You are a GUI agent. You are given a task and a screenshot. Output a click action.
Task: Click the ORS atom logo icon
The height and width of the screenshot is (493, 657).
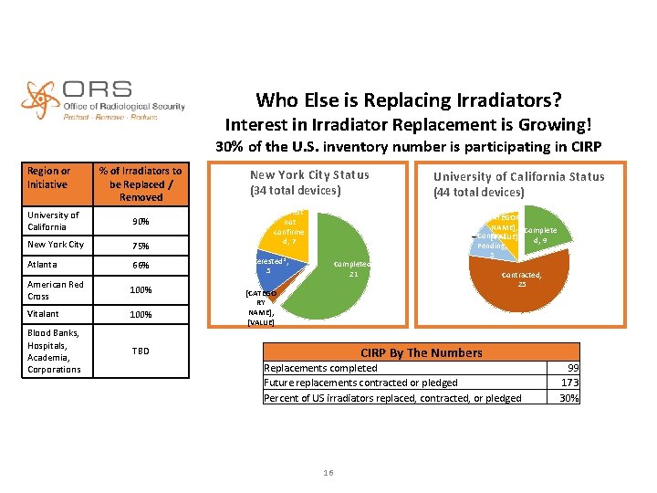click(x=41, y=100)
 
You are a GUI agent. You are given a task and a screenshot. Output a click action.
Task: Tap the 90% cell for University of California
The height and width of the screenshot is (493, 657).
click(x=141, y=221)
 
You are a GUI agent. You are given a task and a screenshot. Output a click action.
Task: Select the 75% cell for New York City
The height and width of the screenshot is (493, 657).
click(x=141, y=245)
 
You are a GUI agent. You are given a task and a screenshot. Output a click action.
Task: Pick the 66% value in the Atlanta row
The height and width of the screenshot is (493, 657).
click(x=141, y=265)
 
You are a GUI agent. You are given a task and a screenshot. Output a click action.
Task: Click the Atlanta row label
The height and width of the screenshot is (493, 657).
click(x=42, y=265)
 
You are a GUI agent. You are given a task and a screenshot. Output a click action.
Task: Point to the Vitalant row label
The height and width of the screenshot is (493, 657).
click(x=43, y=314)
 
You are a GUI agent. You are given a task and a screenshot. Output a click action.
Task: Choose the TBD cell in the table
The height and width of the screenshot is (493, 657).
click(x=141, y=351)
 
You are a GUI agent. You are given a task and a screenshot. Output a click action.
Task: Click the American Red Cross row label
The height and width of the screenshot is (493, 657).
click(x=55, y=289)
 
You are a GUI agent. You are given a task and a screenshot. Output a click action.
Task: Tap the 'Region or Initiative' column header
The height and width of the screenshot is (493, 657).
click(x=49, y=177)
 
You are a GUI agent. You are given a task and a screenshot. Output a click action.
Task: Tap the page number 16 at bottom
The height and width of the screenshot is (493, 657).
click(x=328, y=470)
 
